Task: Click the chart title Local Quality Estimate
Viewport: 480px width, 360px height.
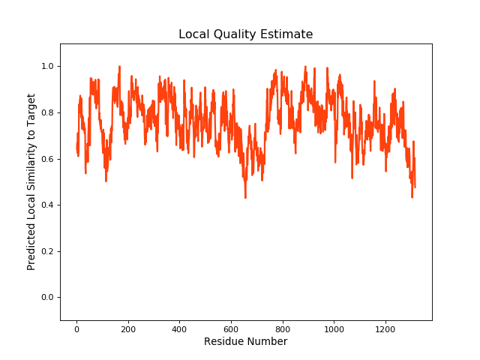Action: pyautogui.click(x=245, y=34)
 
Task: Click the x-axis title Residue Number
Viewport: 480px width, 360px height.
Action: pyautogui.click(x=245, y=341)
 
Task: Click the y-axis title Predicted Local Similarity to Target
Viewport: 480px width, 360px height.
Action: pyautogui.click(x=31, y=181)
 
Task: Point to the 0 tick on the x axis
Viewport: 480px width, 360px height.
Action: pyautogui.click(x=76, y=328)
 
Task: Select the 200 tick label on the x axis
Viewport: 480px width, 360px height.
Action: pyautogui.click(x=128, y=328)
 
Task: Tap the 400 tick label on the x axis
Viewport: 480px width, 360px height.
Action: pyautogui.click(x=180, y=328)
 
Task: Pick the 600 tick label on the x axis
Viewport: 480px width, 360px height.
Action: pyautogui.click(x=231, y=328)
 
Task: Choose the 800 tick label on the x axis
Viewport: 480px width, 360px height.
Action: pyautogui.click(x=283, y=328)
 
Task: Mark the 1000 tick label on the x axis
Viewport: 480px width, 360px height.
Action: pyautogui.click(x=334, y=328)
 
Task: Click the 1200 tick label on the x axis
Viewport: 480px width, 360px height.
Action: pyautogui.click(x=385, y=328)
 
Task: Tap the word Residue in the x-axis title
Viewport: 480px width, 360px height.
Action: pyautogui.click(x=223, y=341)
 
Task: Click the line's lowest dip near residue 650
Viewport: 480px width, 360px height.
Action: pyautogui.click(x=245, y=197)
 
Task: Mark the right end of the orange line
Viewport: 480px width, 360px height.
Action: pyautogui.click(x=415, y=187)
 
